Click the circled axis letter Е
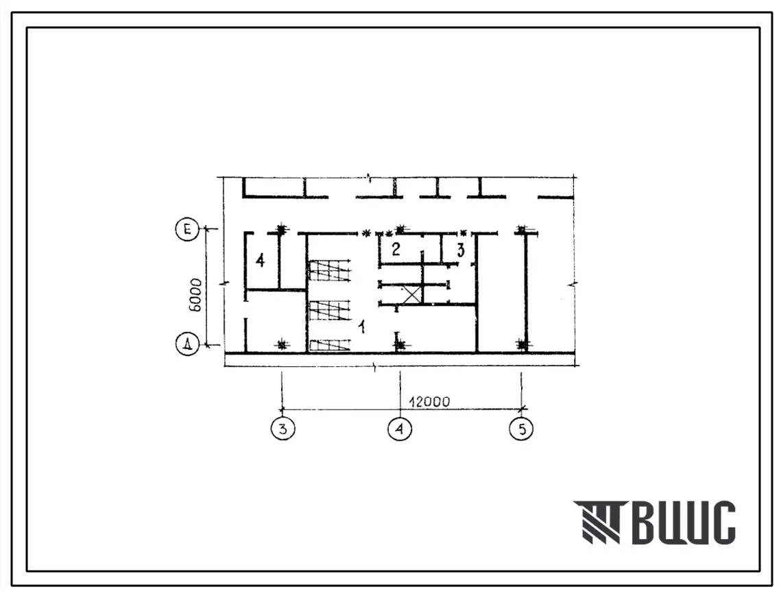point(188,230)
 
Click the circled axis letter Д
point(188,344)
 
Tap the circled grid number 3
point(283,429)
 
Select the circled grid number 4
point(400,429)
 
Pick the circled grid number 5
point(522,429)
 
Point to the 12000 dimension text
point(429,402)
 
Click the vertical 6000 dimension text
point(195,295)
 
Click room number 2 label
point(396,249)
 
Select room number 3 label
point(461,250)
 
